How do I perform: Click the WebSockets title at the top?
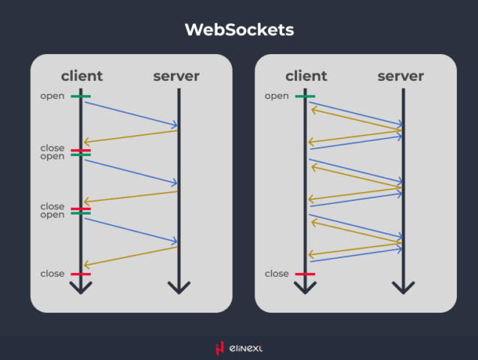(x=239, y=30)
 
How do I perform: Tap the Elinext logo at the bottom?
(x=239, y=348)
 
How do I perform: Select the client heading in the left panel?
(x=82, y=76)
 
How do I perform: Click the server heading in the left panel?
(x=176, y=76)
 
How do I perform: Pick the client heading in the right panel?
(x=306, y=76)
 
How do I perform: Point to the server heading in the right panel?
(x=401, y=76)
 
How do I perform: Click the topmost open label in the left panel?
(x=53, y=96)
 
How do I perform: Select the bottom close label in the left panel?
(x=53, y=274)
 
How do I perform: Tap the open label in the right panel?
(x=277, y=96)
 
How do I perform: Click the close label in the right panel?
(x=277, y=274)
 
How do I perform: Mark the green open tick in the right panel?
(x=305, y=96)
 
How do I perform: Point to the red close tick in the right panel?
(x=305, y=274)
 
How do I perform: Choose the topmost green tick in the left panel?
(x=81, y=96)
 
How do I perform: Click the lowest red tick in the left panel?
(x=81, y=274)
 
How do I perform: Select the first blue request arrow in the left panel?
(x=131, y=113)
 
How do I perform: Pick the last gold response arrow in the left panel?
(x=131, y=256)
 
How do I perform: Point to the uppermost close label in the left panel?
(x=53, y=148)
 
